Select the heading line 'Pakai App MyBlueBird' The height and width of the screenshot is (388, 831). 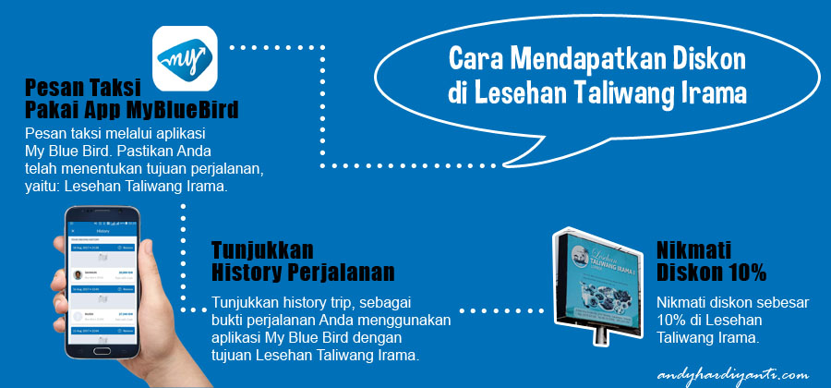[x=132, y=112]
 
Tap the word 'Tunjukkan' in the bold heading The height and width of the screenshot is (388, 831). [x=262, y=250]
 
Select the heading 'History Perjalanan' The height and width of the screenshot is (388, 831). [x=303, y=273]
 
